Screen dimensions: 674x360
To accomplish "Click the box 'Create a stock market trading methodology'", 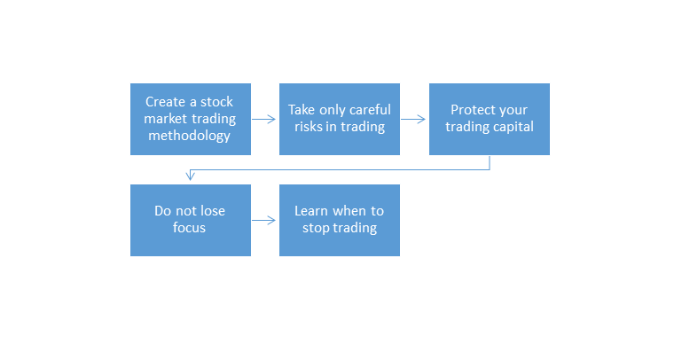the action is (x=191, y=119).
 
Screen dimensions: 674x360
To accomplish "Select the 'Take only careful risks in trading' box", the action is (x=340, y=119).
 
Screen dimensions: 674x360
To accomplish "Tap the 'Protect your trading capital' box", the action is (x=490, y=119).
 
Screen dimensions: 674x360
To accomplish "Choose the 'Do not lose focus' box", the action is (x=191, y=221).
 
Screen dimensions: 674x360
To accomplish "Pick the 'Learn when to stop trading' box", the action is (x=340, y=221).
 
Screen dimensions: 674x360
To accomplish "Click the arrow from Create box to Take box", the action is (x=263, y=119).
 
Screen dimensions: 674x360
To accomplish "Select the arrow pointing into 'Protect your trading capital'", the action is (x=413, y=119).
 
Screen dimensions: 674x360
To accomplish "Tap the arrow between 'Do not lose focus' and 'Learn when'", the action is (x=263, y=221).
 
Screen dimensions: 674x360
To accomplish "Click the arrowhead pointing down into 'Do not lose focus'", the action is (x=190, y=176).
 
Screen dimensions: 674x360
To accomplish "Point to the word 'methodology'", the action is (x=190, y=136).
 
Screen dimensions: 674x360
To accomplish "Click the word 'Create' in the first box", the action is (x=165, y=102).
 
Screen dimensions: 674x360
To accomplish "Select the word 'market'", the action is (x=166, y=119).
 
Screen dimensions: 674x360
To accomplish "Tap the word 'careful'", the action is (x=370, y=110).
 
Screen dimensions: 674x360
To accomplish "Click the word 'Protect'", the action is (x=470, y=110).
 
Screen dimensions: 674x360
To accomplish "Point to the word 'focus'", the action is (x=189, y=228).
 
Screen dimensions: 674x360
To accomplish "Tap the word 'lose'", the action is (x=211, y=211).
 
